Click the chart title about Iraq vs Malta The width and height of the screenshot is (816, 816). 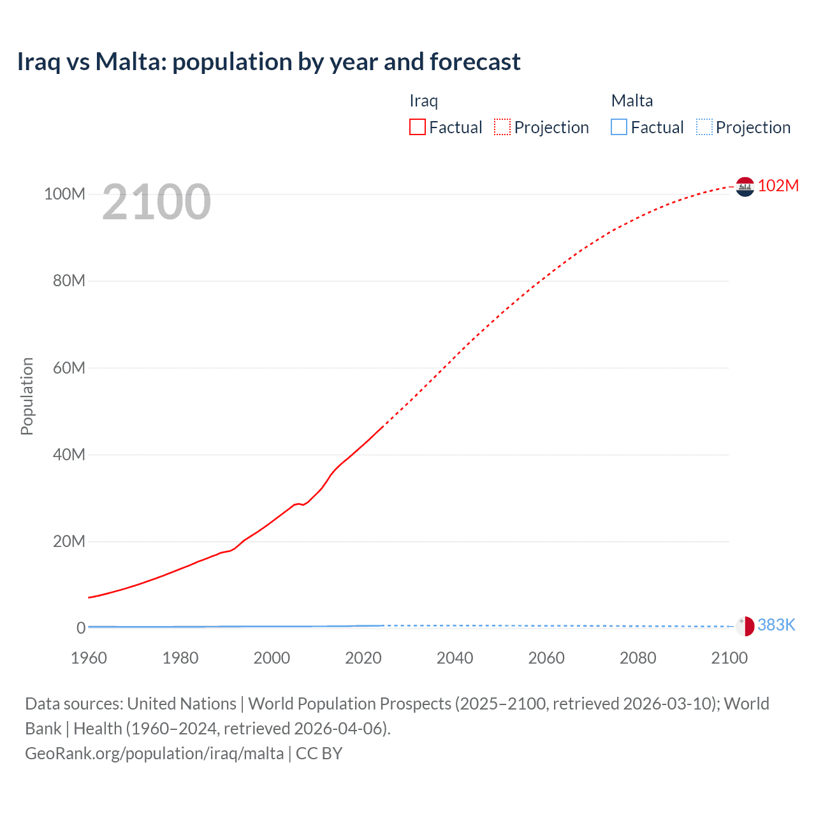coord(268,62)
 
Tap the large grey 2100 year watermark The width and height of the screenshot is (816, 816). coord(156,202)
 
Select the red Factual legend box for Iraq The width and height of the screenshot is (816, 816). coord(418,127)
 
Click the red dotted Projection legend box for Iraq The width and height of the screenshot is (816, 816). coord(502,127)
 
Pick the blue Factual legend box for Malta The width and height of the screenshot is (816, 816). coord(619,127)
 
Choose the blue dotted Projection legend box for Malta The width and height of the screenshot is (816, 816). coord(704,127)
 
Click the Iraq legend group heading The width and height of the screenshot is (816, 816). coord(423,101)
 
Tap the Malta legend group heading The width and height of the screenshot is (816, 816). coord(632,101)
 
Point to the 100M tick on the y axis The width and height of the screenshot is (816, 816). coord(64,194)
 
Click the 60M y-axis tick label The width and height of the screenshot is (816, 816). coord(69,368)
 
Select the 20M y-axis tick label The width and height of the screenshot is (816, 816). coord(69,541)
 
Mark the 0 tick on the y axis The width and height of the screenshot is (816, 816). coord(81,628)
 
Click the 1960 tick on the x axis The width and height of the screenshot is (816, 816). coord(89,658)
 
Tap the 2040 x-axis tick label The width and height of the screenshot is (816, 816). coord(455,658)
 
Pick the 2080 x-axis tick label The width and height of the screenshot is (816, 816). coord(637,658)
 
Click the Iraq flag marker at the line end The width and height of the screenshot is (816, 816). coord(745,187)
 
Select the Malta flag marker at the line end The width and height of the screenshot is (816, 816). coord(745,626)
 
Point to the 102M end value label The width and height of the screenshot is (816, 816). coord(778,186)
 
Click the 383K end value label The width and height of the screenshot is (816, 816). coord(776,625)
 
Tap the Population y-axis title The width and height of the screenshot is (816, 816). coord(27,396)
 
